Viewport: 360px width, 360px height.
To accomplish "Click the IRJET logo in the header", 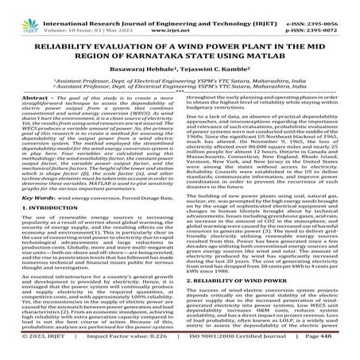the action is point(17,10).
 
